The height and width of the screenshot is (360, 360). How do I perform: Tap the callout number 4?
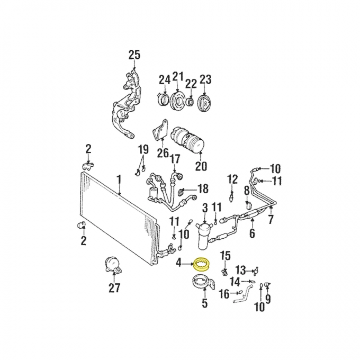179,262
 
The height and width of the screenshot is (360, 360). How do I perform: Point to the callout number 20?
201,166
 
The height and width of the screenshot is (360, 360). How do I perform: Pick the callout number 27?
114,288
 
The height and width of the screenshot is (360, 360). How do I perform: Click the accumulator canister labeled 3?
205,235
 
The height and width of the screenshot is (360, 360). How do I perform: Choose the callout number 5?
205,304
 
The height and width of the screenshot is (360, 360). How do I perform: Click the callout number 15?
225,256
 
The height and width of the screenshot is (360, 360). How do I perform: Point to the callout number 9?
268,299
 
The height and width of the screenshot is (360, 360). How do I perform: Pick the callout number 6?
252,233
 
